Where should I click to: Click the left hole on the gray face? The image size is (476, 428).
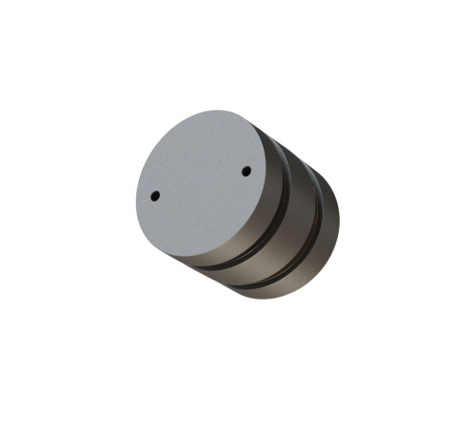point(155,196)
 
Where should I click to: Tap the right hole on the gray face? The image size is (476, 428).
point(246,171)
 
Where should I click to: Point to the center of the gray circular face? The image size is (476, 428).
point(202,185)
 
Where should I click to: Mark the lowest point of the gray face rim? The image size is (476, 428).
point(190,260)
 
